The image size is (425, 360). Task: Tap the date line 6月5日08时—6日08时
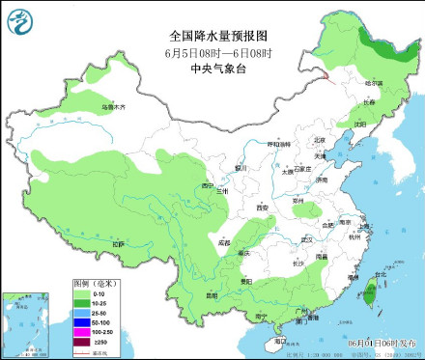point(212,52)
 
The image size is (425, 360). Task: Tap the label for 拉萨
point(117,245)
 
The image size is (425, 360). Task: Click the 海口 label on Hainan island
point(279,341)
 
